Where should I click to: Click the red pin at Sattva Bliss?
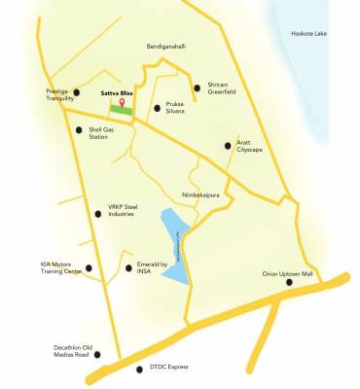[x=122, y=102]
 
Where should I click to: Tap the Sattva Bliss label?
[x=119, y=92]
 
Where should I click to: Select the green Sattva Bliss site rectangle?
[x=123, y=110]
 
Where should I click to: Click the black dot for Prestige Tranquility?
[x=77, y=93]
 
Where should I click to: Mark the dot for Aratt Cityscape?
[x=228, y=147]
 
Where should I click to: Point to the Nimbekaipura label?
[x=202, y=194]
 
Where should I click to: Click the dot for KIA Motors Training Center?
[x=89, y=267]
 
